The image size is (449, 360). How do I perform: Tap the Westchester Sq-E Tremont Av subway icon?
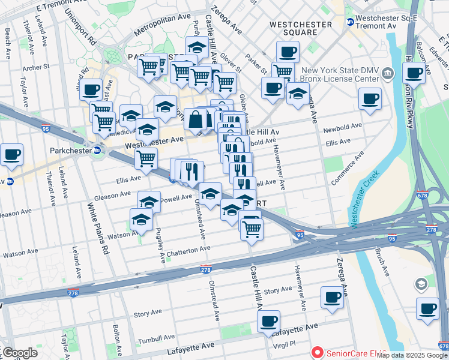coord(350,22)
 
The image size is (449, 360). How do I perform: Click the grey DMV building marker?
coord(388,74)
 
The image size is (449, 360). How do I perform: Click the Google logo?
coord(19,352)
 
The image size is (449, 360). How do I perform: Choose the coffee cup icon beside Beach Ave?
coord(11,154)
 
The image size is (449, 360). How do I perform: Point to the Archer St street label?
coord(35,68)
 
